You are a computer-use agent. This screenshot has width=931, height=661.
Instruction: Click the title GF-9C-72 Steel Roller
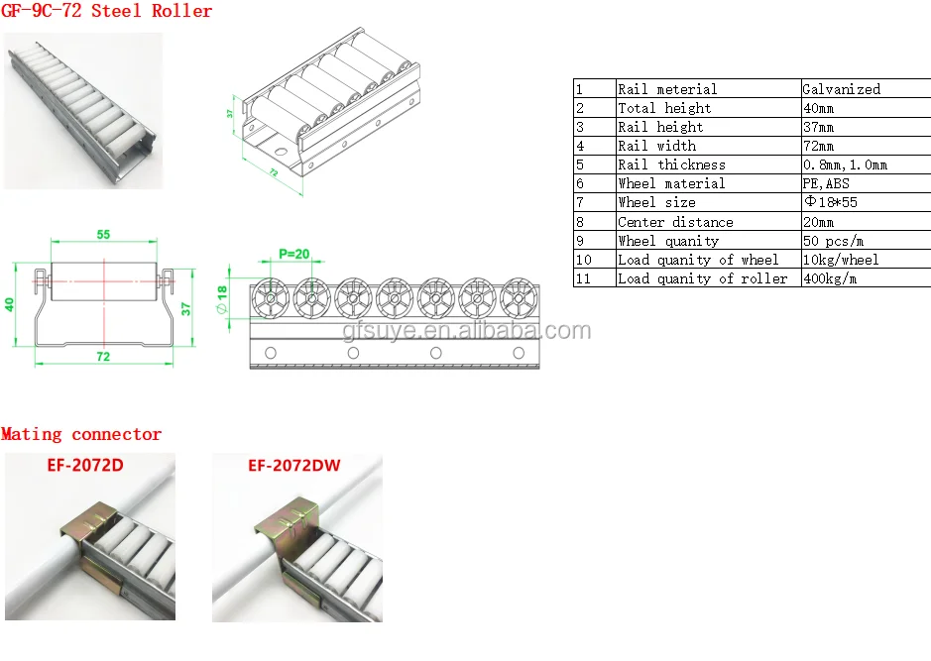107,11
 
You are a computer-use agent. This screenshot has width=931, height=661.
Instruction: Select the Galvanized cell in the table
841,89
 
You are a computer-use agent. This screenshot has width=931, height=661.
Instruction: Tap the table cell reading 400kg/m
831,278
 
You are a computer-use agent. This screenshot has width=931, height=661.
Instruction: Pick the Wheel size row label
656,202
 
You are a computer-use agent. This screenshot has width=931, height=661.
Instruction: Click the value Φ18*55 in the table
834,202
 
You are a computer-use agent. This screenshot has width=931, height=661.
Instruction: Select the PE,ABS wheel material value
826,183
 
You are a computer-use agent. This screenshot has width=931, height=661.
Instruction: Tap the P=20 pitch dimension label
293,254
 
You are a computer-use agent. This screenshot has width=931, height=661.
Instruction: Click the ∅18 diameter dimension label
223,297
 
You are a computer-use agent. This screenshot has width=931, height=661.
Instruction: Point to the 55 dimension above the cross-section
104,235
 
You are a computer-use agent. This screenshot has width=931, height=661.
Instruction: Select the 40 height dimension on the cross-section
11,304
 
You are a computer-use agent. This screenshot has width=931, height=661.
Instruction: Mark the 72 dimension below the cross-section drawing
103,354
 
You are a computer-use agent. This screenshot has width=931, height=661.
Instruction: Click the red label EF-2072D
85,463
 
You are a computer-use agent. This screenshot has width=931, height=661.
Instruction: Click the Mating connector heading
81,434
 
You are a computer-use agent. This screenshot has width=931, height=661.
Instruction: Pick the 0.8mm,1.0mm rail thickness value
845,165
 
